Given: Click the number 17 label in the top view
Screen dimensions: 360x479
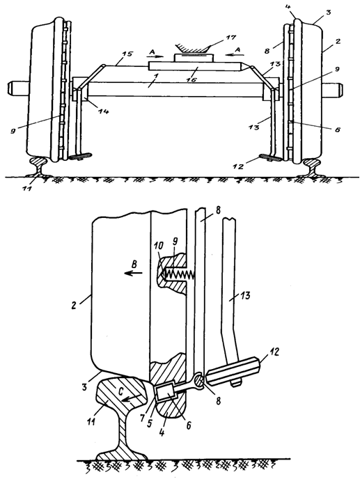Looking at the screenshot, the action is pos(231,38).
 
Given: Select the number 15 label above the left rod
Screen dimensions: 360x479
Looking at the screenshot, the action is pos(128,54).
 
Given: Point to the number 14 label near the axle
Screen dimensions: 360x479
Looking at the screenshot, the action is pos(104,112).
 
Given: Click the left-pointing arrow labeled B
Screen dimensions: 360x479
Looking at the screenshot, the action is pos(133,273).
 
